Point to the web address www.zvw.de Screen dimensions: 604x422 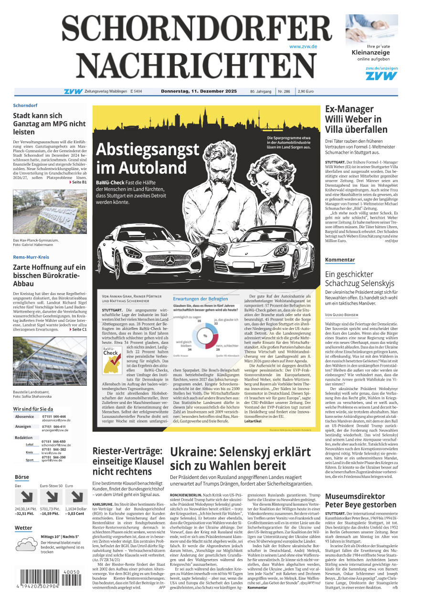(x=303, y=46)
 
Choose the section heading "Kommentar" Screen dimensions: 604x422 (x=340, y=260)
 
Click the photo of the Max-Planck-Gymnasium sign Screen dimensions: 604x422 (x=50, y=212)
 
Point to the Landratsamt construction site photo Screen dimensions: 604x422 (x=50, y=361)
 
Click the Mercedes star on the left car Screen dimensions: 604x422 (x=170, y=261)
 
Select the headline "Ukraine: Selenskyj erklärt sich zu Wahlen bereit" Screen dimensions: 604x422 (x=241, y=459)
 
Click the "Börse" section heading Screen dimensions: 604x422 (x=22, y=477)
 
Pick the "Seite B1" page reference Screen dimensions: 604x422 (x=79, y=182)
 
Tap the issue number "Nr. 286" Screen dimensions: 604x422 (x=284, y=91)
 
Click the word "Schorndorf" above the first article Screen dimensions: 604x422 (x=25, y=105)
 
